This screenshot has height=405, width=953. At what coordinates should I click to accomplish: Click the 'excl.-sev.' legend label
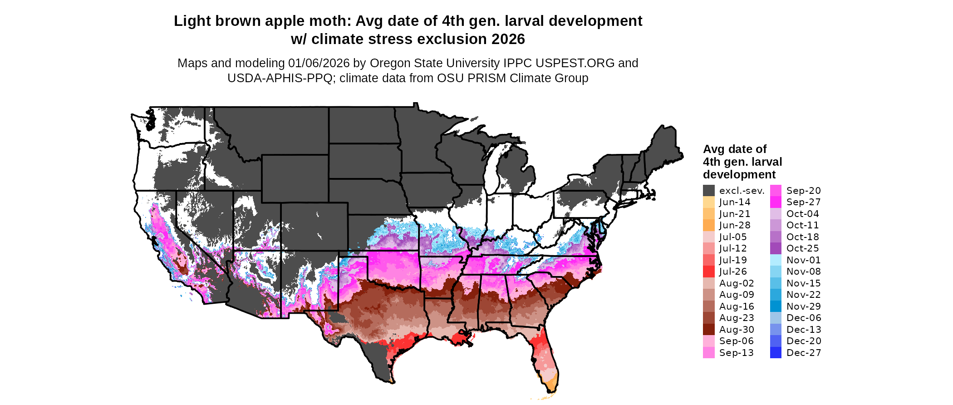pyautogui.click(x=742, y=191)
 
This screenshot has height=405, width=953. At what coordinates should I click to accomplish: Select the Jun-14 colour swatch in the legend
pyautogui.click(x=708, y=202)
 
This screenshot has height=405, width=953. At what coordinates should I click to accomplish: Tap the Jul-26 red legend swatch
pyautogui.click(x=708, y=272)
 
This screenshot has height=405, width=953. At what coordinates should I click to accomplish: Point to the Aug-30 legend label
pyautogui.click(x=737, y=330)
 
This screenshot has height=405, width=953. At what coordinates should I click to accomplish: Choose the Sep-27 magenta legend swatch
pyautogui.click(x=776, y=202)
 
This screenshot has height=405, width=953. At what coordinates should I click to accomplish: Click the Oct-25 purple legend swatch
pyautogui.click(x=776, y=248)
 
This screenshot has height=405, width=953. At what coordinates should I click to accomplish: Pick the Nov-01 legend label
pyautogui.click(x=803, y=260)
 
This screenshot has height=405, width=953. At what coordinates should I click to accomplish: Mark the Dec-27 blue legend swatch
pyautogui.click(x=776, y=353)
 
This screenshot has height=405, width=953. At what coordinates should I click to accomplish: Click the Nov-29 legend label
pyautogui.click(x=803, y=306)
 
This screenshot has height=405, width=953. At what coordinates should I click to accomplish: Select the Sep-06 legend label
pyautogui.click(x=736, y=341)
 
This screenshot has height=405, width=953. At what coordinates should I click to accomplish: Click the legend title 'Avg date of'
pyautogui.click(x=734, y=149)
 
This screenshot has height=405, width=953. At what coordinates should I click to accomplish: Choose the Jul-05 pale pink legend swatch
pyautogui.click(x=708, y=237)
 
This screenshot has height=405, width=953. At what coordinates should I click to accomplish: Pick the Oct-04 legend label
pyautogui.click(x=802, y=214)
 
